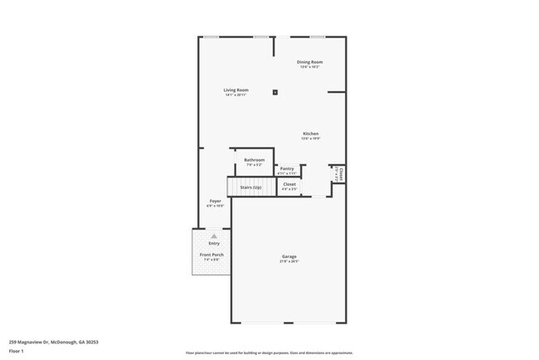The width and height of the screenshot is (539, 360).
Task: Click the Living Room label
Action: pyautogui.click(x=236, y=90)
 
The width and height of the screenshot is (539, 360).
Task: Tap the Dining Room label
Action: pyautogui.click(x=310, y=62)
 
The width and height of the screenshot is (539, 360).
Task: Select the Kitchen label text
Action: pyautogui.click(x=310, y=134)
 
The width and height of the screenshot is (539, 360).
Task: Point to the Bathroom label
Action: pyautogui.click(x=254, y=159)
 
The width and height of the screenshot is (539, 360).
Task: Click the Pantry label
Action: pyautogui.click(x=287, y=168)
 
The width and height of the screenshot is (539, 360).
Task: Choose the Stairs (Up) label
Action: pyautogui.click(x=251, y=187)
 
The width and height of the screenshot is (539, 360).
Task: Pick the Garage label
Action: pyautogui.click(x=289, y=256)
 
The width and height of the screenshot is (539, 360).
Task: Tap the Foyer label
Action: pyautogui.click(x=215, y=201)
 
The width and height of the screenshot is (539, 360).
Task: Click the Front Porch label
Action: pyautogui.click(x=211, y=255)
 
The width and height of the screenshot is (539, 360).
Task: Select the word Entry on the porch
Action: pyautogui.click(x=214, y=243)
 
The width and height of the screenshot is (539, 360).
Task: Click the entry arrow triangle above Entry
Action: pyautogui.click(x=214, y=236)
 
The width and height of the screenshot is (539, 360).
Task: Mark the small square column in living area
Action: pyautogui.click(x=275, y=92)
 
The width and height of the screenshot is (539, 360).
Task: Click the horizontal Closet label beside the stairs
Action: pyautogui.click(x=289, y=184)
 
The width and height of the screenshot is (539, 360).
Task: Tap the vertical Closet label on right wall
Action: pyautogui.click(x=340, y=175)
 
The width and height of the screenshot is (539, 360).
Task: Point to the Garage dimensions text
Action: pyautogui.click(x=289, y=262)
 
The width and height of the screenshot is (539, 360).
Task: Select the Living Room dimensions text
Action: pyautogui.click(x=236, y=95)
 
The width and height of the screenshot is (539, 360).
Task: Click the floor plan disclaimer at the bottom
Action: pyautogui.click(x=269, y=353)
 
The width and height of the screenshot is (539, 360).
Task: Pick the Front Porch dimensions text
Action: pyautogui.click(x=211, y=260)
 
